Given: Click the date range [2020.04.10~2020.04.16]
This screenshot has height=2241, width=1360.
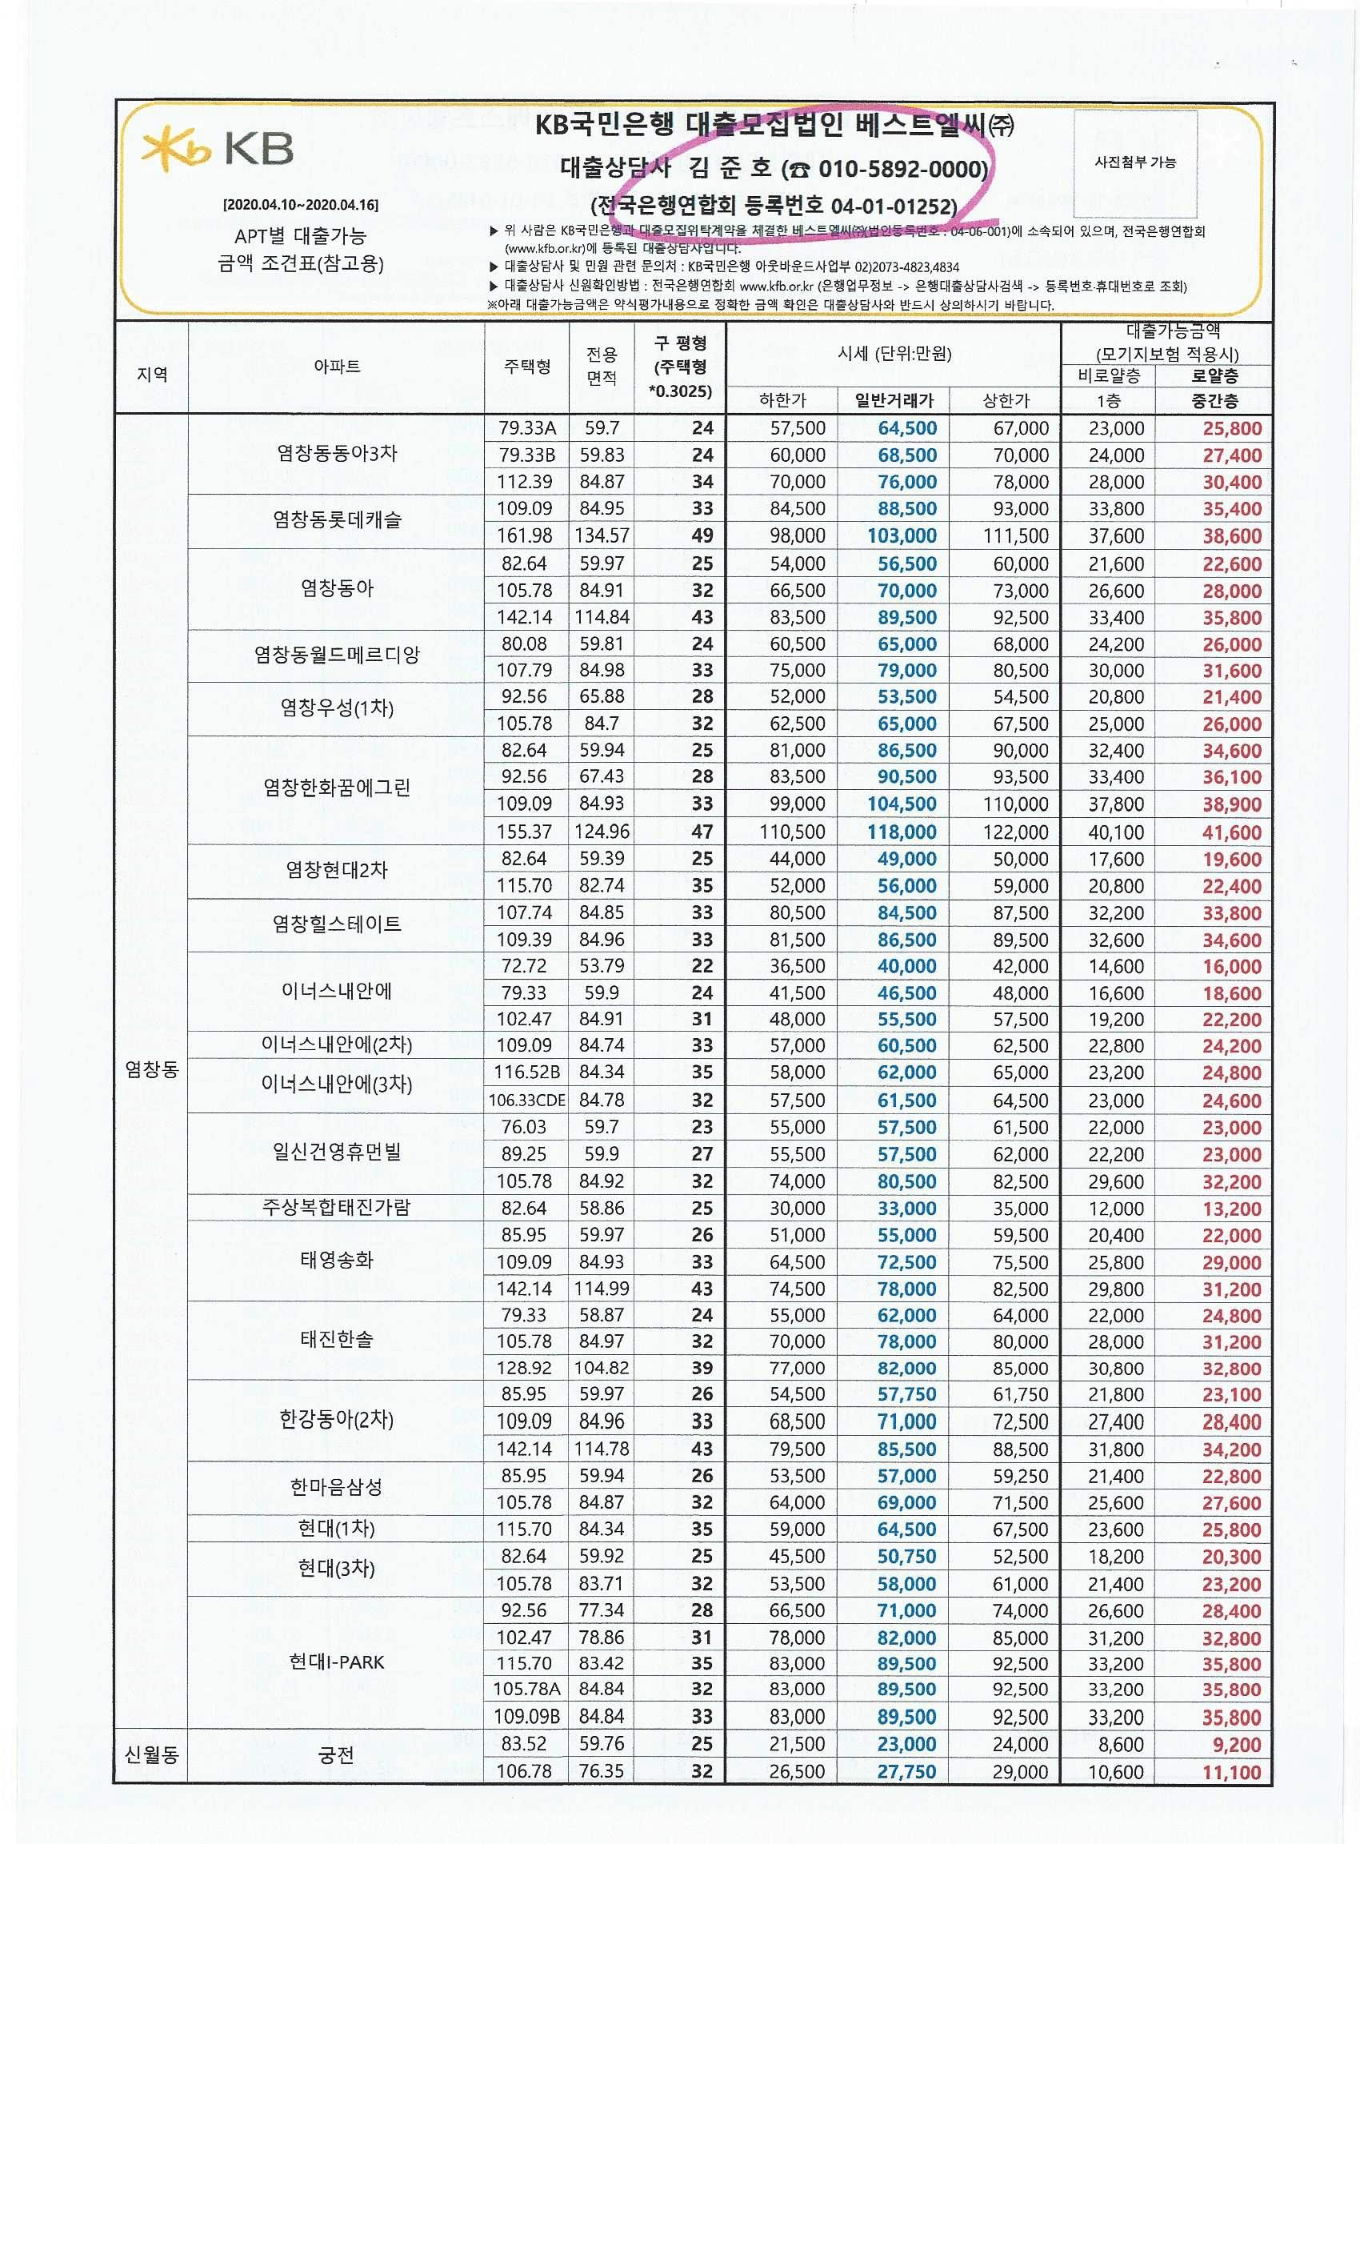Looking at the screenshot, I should (x=301, y=205).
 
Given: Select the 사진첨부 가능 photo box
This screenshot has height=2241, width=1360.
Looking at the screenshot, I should (x=1134, y=162).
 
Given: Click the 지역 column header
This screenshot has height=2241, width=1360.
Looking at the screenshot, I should (x=152, y=374).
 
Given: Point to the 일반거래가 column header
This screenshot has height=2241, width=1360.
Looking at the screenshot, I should (x=894, y=400).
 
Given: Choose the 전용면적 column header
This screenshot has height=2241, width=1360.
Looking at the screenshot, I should (x=601, y=366).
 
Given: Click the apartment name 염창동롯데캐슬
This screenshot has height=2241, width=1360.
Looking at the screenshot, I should (x=336, y=520).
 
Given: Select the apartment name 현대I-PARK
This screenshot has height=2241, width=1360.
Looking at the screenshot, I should (x=336, y=1662).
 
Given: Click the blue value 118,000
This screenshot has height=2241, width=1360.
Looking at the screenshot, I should (x=901, y=832).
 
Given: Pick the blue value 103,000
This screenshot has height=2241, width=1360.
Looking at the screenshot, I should (x=901, y=535).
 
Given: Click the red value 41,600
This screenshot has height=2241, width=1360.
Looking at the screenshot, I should (x=1231, y=832).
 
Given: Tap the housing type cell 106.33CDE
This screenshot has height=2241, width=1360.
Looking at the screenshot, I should (x=526, y=1100).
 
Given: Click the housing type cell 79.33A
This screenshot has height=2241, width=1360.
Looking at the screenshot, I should (x=527, y=427).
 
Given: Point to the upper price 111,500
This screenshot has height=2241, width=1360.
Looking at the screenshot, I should (x=1015, y=535).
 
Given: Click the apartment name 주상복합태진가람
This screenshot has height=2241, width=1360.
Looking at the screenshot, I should (x=336, y=1207).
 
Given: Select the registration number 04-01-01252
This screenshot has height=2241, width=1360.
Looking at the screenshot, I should (x=893, y=206).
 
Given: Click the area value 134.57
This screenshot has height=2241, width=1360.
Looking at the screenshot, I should (x=601, y=535).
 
